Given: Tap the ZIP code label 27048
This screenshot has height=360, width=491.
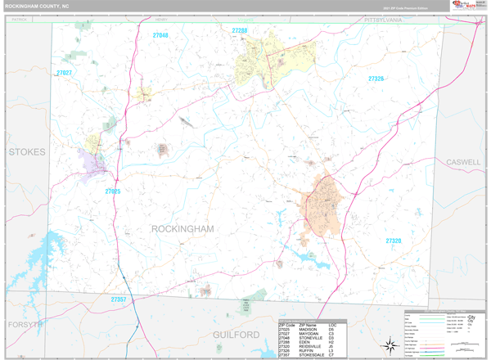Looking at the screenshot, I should click(x=160, y=35).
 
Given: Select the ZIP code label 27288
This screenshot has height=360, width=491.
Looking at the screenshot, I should click(x=239, y=30).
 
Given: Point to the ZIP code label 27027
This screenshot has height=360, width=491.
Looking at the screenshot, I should click(x=64, y=74).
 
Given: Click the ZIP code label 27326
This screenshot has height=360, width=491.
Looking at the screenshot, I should click(x=376, y=79).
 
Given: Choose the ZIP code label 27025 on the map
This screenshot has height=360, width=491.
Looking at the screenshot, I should click(x=112, y=191).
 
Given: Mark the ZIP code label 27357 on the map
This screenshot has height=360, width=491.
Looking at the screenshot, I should click(x=119, y=299).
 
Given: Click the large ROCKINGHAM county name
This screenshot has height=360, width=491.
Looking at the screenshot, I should click(x=182, y=229).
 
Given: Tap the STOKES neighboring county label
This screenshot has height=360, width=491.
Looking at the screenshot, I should click(x=26, y=152).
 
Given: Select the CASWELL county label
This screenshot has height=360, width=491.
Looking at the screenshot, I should click(x=463, y=162).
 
